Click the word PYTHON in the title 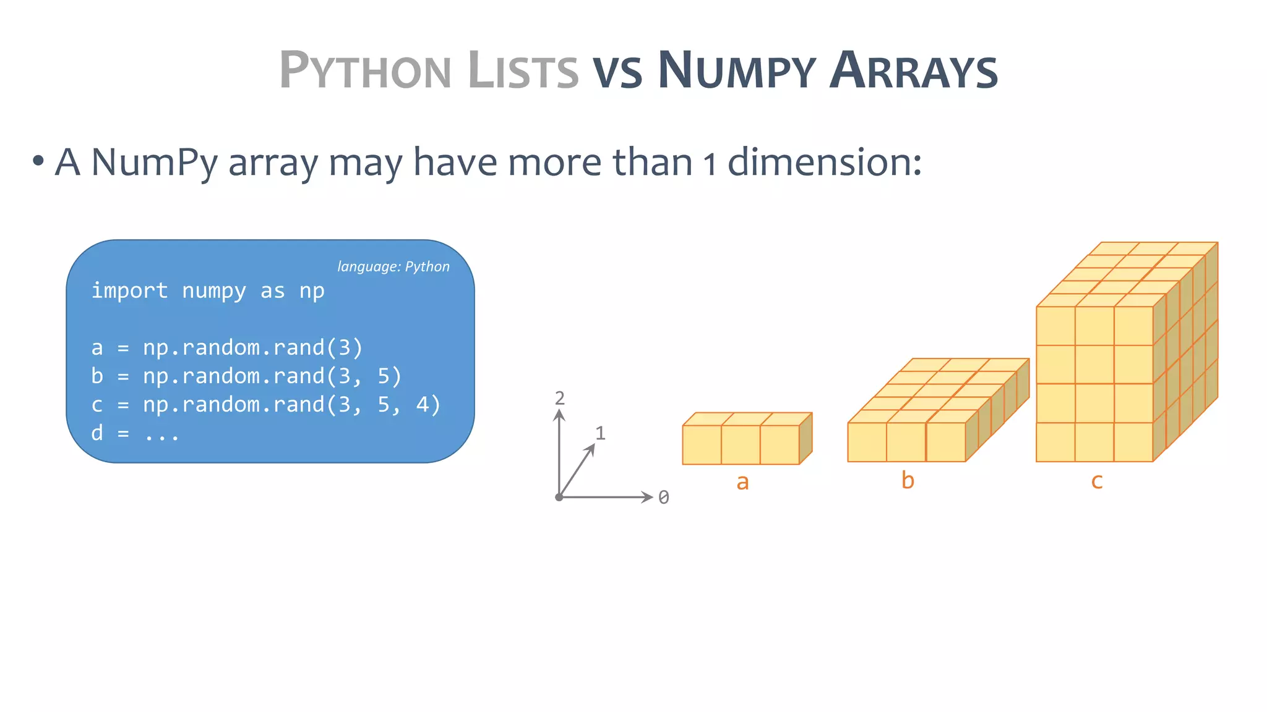(x=365, y=70)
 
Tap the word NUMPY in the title (x=736, y=70)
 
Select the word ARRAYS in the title (x=914, y=70)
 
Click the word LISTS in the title (x=523, y=70)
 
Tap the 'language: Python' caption (x=393, y=266)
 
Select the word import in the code (x=129, y=290)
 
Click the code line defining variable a (x=226, y=347)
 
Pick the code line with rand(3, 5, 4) (x=266, y=404)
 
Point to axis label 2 (x=560, y=398)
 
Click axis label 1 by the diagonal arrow (x=600, y=433)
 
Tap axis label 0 (x=664, y=498)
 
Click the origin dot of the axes (x=559, y=497)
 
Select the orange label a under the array (x=742, y=481)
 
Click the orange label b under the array (x=908, y=480)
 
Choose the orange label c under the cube (x=1097, y=481)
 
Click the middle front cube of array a (x=741, y=444)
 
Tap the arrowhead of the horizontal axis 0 (x=648, y=497)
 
